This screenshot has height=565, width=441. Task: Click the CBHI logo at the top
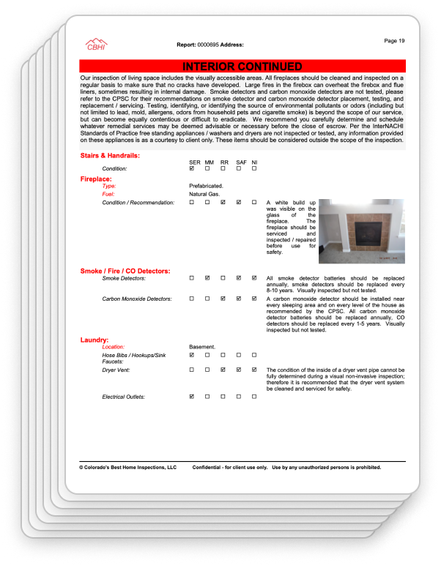pyautogui.click(x=96, y=45)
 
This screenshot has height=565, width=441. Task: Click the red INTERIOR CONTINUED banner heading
pyautogui.click(x=242, y=67)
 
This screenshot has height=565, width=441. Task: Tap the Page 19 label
pyautogui.click(x=396, y=40)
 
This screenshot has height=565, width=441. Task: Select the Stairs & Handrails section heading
pyautogui.click(x=110, y=156)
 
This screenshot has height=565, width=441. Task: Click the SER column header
pyautogui.click(x=194, y=162)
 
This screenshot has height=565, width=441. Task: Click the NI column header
pyautogui.click(x=254, y=162)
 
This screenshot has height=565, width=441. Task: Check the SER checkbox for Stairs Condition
pyautogui.click(x=192, y=169)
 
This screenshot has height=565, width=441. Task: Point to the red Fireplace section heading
pyautogui.click(x=96, y=179)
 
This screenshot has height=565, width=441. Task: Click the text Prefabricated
pyautogui.click(x=206, y=186)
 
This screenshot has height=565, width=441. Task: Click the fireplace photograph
pyautogui.click(x=361, y=231)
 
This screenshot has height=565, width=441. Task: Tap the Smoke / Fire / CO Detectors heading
pyautogui.click(x=125, y=272)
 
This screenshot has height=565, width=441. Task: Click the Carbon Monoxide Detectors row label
pyautogui.click(x=137, y=299)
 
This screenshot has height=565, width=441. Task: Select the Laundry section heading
pyautogui.click(x=94, y=340)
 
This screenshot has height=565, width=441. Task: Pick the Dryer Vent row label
pyautogui.click(x=118, y=370)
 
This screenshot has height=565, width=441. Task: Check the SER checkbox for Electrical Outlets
pyautogui.click(x=192, y=397)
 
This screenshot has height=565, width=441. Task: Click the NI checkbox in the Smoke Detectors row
pyautogui.click(x=254, y=278)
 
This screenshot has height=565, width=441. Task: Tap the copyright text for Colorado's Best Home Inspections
pyautogui.click(x=128, y=466)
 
